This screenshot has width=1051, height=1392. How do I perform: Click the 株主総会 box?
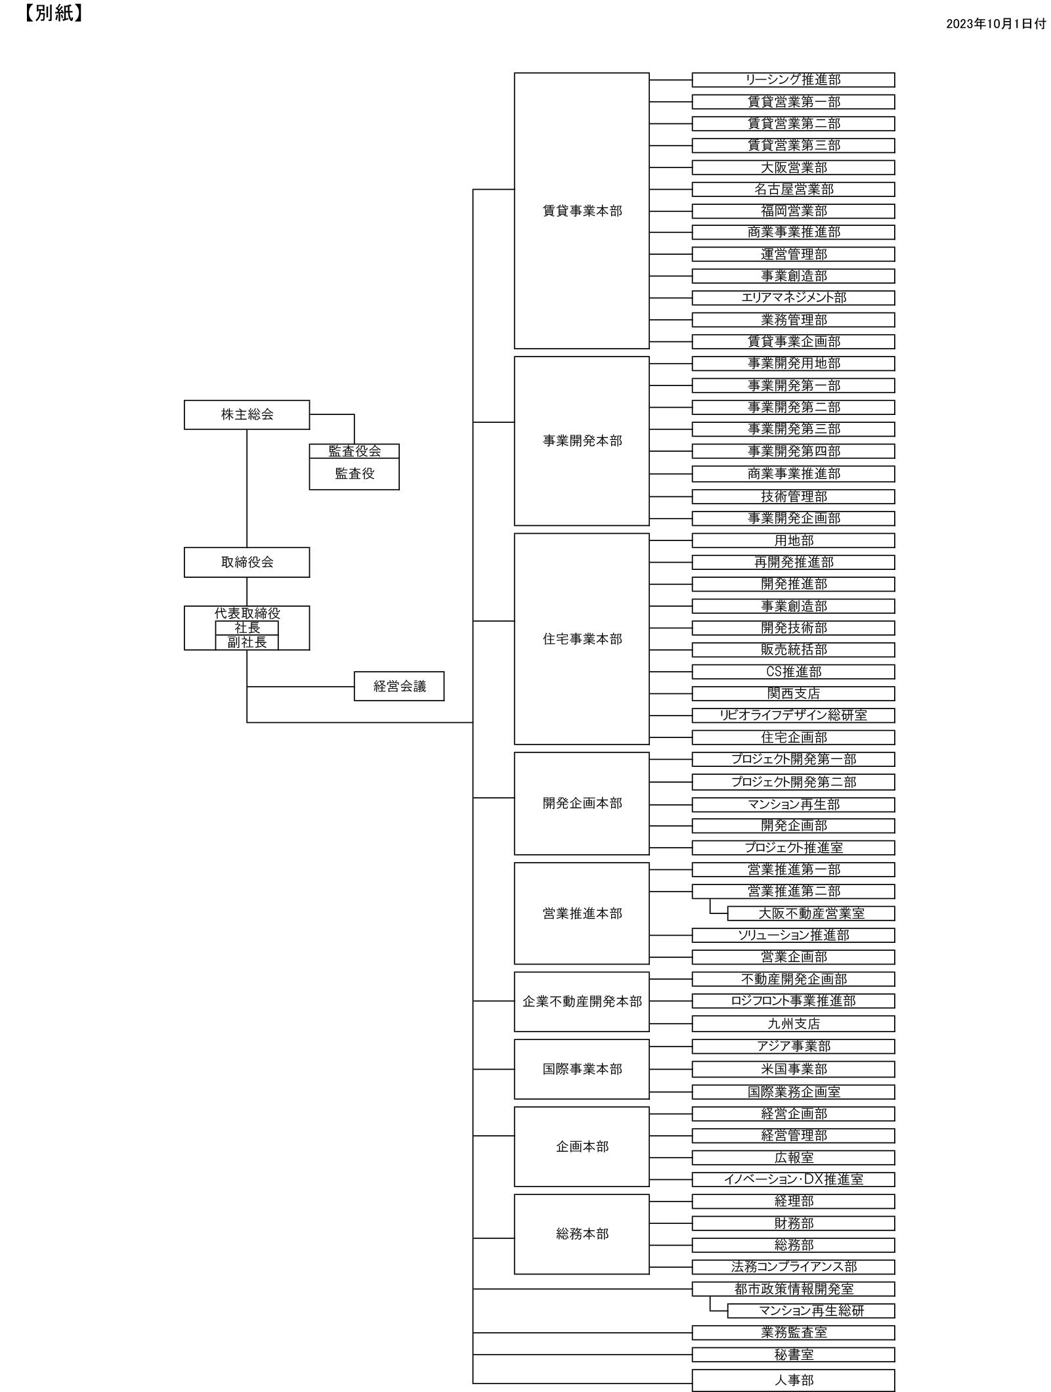[247, 415]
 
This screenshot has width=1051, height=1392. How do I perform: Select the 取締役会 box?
[247, 562]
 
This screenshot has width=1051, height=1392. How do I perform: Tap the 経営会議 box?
[399, 686]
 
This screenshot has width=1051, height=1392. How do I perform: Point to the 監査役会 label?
[354, 451]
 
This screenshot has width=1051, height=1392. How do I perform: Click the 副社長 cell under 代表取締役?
[247, 642]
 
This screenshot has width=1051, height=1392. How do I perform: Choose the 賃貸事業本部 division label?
[582, 211]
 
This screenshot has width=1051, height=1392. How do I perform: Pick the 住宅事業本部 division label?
[582, 639]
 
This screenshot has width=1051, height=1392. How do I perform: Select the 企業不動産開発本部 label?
[582, 1001]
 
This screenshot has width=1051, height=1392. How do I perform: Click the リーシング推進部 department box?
[793, 79]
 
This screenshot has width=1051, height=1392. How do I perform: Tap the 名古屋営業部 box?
[793, 189]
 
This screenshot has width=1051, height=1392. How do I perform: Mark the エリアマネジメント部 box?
[793, 298]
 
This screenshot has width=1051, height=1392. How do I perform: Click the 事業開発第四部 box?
[793, 451]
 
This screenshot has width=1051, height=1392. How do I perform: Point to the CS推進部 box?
[793, 672]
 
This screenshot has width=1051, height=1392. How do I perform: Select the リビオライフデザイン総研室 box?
[793, 715]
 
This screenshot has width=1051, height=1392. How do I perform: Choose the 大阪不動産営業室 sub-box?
[811, 913]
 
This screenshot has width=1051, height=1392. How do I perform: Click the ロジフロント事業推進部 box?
[793, 1001]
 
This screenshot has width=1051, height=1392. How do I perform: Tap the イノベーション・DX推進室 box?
[793, 1179]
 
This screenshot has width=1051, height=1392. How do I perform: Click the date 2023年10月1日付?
[995, 24]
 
